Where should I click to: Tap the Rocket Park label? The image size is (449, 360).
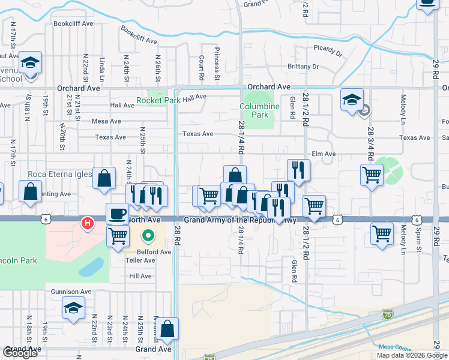(158, 100)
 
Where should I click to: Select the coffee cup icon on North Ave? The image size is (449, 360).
(117, 213)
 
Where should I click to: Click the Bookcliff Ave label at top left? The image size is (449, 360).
(73, 23)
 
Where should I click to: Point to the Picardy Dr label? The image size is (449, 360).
(327, 50)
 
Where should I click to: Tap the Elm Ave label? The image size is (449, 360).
(324, 154)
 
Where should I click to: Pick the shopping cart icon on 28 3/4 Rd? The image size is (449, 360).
(372, 176)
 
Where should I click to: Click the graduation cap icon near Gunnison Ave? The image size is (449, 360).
(73, 308)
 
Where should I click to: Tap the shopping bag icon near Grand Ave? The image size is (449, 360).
(167, 328)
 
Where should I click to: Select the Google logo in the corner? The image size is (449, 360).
(21, 353)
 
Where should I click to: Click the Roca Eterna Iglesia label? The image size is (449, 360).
(59, 175)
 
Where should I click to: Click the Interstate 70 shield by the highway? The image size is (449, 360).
(387, 314)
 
